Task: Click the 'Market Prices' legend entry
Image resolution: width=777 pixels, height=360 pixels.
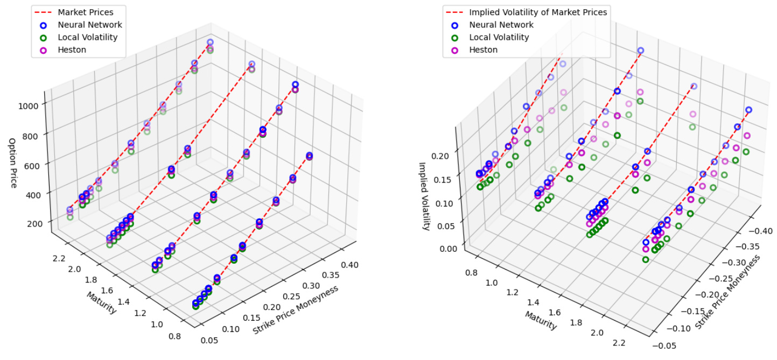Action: pyautogui.click(x=85, y=11)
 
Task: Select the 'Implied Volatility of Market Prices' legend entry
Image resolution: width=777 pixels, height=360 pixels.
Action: pyautogui.click(x=538, y=11)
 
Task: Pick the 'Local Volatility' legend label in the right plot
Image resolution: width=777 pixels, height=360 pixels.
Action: pyautogui.click(x=499, y=37)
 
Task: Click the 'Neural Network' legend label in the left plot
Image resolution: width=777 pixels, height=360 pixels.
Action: pyautogui.click(x=90, y=24)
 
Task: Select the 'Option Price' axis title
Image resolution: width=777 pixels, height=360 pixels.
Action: pyautogui.click(x=12, y=163)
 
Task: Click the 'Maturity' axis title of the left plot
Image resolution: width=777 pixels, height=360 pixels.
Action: pyautogui.click(x=101, y=303)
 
